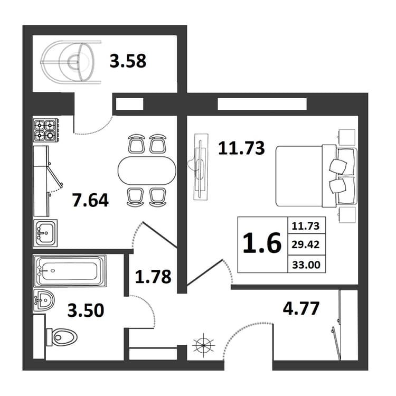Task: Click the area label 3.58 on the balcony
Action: click(x=128, y=61)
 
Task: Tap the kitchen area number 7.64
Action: click(x=90, y=200)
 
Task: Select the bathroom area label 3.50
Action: click(x=86, y=310)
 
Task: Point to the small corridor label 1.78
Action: click(x=153, y=277)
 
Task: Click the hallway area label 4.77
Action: click(x=301, y=308)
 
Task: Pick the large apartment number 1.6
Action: click(x=262, y=243)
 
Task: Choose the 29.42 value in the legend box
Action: click(x=306, y=244)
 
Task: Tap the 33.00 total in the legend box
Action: click(x=306, y=265)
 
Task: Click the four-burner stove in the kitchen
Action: click(x=46, y=129)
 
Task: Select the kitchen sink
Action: click(x=45, y=233)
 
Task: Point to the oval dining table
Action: click(x=147, y=171)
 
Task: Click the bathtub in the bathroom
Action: click(x=70, y=271)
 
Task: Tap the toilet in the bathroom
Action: click(x=62, y=337)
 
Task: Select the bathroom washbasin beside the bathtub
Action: click(x=44, y=300)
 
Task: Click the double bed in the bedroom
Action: click(x=316, y=176)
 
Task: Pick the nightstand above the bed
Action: click(x=346, y=137)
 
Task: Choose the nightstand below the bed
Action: click(x=346, y=215)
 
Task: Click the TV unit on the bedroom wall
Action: click(x=201, y=167)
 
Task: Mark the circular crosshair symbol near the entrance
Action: click(x=204, y=345)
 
